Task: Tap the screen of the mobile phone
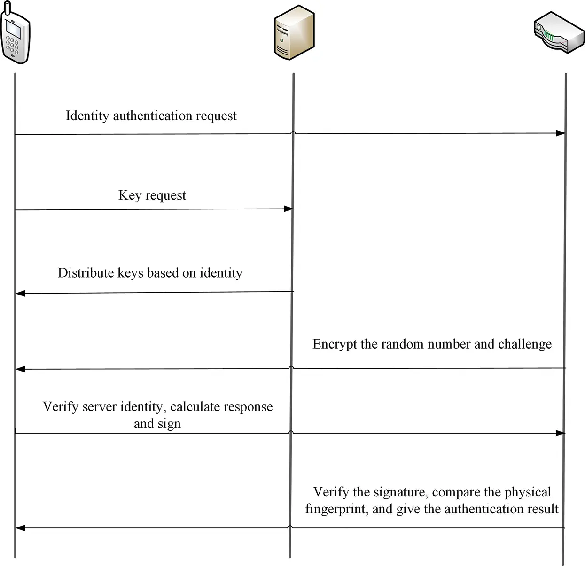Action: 13,31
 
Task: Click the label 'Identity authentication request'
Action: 151,116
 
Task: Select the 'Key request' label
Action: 152,195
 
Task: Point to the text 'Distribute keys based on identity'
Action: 150,273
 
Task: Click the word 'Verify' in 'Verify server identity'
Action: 61,407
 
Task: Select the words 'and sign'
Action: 157,424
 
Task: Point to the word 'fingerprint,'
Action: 336,509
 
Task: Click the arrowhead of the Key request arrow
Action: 289,209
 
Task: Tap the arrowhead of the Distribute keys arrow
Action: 20,294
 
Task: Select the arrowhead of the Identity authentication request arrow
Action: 561,133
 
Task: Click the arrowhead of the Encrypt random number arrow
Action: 20,369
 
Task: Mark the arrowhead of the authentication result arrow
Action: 20,528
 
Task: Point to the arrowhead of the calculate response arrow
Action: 561,433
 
